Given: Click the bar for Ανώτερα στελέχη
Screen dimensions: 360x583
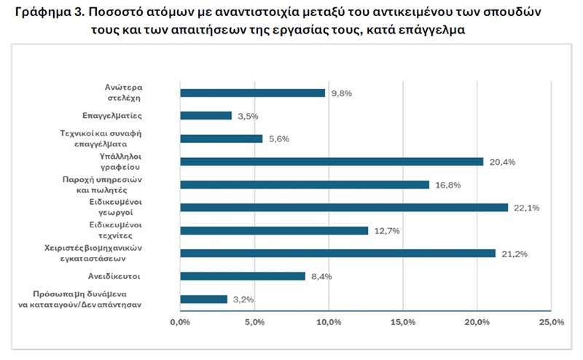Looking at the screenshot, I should [252, 93].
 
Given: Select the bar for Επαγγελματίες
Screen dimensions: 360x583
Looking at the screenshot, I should [206, 115].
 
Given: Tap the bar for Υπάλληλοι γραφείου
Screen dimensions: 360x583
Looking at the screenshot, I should [331, 161].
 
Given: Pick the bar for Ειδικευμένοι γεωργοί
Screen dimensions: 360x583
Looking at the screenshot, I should [343, 208].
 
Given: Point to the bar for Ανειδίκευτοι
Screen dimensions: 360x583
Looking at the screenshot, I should [242, 276].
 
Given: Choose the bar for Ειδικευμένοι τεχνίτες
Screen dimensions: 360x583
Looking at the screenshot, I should [273, 230].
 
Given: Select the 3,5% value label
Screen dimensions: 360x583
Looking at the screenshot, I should [247, 116].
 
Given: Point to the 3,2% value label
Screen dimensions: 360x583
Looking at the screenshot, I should [243, 300].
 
